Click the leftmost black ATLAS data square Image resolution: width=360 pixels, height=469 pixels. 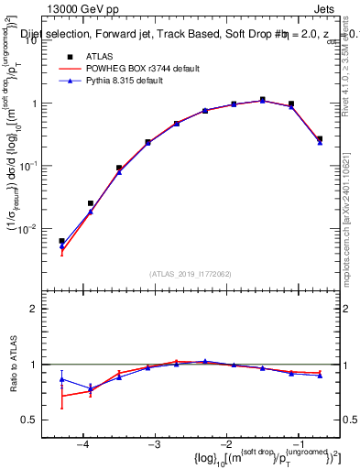[x=62, y=241]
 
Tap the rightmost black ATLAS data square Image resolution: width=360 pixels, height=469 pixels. [x=320, y=139]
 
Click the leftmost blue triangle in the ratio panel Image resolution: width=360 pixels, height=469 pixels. [x=62, y=378]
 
